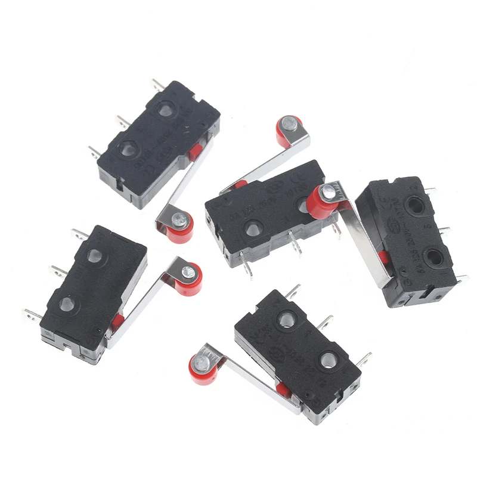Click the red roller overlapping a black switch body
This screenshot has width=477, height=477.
[x=323, y=202]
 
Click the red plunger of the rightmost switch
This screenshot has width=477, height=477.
[x=382, y=257]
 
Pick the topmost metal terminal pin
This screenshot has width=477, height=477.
[x=157, y=83]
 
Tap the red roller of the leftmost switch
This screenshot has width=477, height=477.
[x=190, y=277]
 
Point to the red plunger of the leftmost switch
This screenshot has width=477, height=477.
[x=117, y=323]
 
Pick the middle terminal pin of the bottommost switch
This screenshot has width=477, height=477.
[x=326, y=324]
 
